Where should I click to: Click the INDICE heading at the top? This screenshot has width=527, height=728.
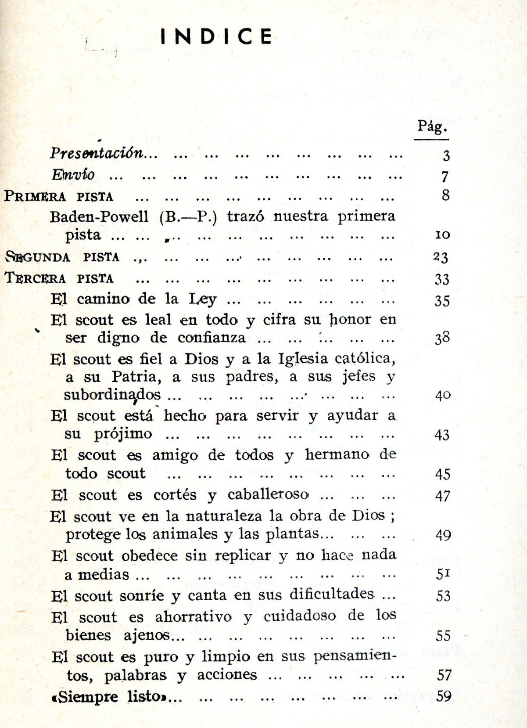tap(216, 36)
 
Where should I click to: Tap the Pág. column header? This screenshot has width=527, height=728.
tap(432, 127)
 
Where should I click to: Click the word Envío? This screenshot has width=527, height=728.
tap(73, 175)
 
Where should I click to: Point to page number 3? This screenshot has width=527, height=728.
tap(446, 156)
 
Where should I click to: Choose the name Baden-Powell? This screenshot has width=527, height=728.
tap(99, 216)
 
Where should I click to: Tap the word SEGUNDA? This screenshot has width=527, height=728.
tap(38, 257)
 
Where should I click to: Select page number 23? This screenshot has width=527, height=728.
tap(441, 257)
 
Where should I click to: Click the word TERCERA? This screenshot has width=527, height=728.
tap(35, 278)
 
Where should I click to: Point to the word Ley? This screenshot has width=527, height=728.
tap(203, 299)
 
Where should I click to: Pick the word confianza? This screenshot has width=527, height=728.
tap(212, 338)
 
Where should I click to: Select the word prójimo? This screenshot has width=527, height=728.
tap(123, 434)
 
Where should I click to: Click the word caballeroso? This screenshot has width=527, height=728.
tap(268, 495)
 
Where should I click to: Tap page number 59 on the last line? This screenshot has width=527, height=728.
tap(444, 696)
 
